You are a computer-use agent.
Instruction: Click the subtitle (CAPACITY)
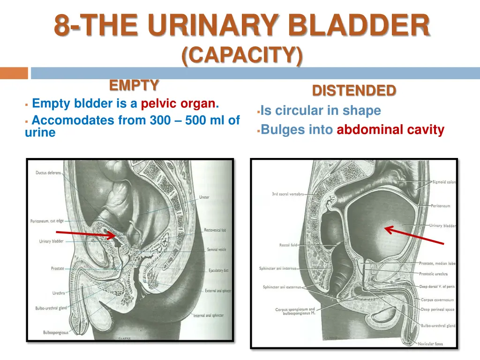pos(242,56)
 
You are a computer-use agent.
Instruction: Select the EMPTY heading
pos(134,85)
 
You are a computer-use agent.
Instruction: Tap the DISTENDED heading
pos(354,90)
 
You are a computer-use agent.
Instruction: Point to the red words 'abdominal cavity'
pos(390,130)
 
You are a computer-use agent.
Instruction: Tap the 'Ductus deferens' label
pos(48,172)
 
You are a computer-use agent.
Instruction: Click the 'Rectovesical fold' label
pos(215,230)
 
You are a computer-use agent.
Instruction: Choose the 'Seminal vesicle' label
pos(216,249)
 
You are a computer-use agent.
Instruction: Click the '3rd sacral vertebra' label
pos(288,194)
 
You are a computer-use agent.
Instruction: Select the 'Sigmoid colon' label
pos(443,182)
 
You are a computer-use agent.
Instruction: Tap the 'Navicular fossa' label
pos(430,344)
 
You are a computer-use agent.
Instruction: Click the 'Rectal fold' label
pos(288,245)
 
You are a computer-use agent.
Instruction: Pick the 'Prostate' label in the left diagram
pos(57,269)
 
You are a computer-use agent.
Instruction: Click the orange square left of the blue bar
pos(14,73)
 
